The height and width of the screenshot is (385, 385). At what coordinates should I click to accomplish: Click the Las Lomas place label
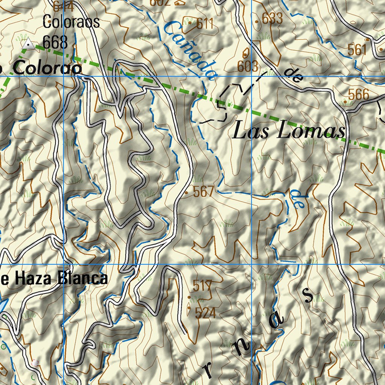pos(288,132)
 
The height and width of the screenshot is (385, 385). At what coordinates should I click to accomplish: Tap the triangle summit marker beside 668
pos(28,44)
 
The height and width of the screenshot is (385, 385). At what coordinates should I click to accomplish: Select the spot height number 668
pos(55,42)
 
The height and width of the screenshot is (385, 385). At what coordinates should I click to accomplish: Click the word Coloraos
pos(71,22)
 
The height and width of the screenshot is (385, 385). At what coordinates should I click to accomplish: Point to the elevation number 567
pos(203,192)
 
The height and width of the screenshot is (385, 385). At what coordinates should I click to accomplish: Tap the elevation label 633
pos(272,18)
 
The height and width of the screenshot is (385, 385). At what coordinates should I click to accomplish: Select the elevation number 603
pos(248,66)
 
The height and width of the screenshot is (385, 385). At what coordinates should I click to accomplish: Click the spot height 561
pos(357,50)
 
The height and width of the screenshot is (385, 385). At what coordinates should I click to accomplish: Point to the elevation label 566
pos(358,95)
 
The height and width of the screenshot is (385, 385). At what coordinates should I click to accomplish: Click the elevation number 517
pos(203,286)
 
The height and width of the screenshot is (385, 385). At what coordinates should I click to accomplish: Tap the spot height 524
pos(205,313)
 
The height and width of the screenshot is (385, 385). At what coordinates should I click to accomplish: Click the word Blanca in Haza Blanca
pos(83,279)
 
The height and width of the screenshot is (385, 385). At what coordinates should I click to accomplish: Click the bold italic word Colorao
pos(47,68)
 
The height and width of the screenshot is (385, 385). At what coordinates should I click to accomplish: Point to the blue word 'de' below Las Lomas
pos(298,199)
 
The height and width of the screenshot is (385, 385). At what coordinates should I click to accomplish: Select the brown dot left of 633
pos(257,22)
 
